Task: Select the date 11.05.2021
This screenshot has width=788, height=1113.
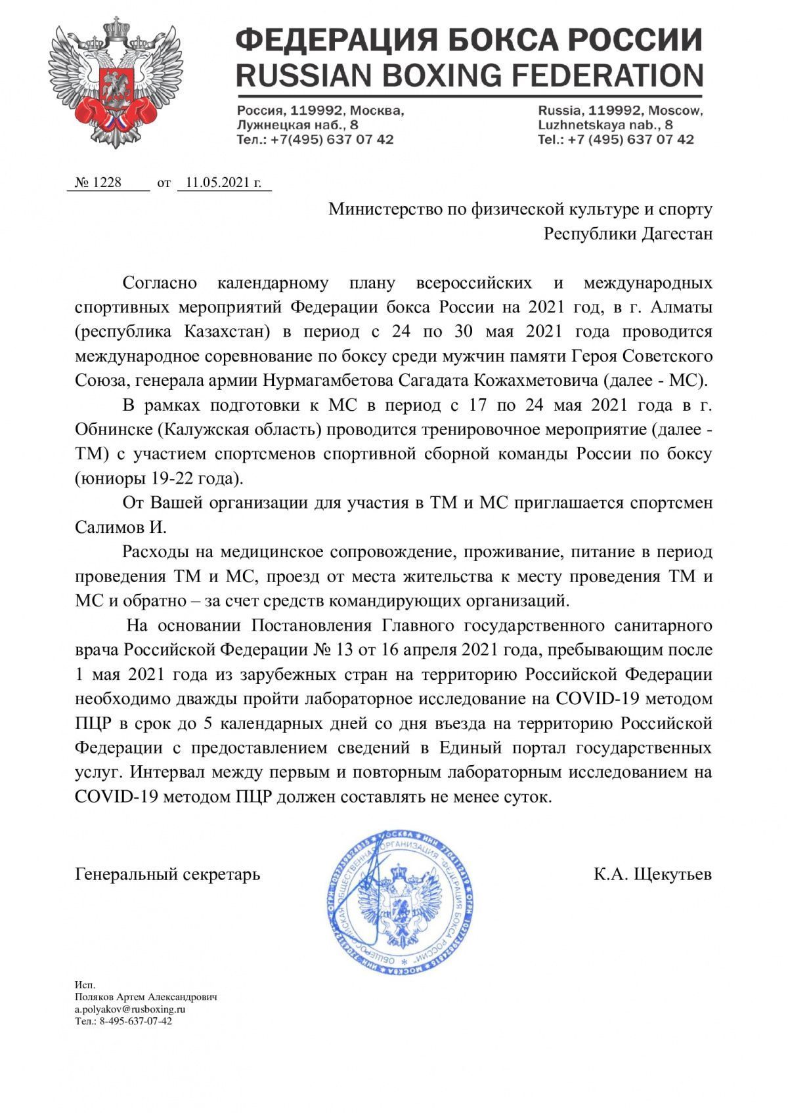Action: pos(223,182)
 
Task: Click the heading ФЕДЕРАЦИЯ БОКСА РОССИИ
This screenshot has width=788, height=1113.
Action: pos(469,41)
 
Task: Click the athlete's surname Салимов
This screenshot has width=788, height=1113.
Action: pos(112,527)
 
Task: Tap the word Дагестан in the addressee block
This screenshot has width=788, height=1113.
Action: pos(676,234)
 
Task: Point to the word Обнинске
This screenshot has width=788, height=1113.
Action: pos(115,430)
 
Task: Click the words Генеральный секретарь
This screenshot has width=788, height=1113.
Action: pos(167,874)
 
